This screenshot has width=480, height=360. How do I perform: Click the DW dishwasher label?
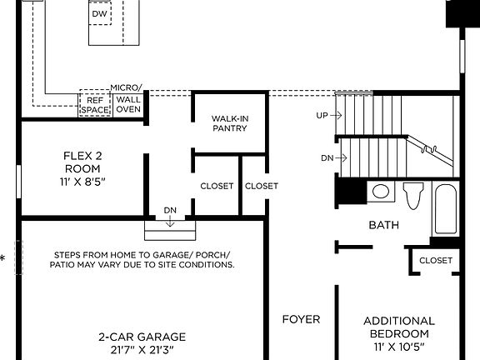(99, 14)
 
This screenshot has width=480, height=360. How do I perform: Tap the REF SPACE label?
(93, 104)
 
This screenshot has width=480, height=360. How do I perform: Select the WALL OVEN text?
(127, 104)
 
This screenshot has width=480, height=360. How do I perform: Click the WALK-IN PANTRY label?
(230, 123)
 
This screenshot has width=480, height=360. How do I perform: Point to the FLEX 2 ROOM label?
(82, 162)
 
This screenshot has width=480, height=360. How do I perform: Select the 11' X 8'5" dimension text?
(82, 181)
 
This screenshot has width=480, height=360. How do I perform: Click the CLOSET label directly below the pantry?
(217, 186)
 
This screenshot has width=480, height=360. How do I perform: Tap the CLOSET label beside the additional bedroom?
(436, 260)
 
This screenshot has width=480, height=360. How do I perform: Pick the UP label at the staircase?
(322, 115)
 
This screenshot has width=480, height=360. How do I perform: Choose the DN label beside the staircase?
(327, 157)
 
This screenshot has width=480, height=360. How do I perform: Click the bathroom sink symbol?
(381, 192)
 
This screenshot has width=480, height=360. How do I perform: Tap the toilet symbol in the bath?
(412, 196)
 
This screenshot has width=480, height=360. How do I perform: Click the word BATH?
(383, 225)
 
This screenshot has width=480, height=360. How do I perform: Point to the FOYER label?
(301, 319)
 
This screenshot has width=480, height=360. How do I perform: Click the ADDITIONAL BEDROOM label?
(399, 327)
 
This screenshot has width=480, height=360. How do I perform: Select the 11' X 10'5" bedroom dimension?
(399, 346)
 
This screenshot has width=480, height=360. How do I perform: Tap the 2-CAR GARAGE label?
(142, 337)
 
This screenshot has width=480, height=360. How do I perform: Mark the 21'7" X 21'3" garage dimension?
(142, 351)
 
